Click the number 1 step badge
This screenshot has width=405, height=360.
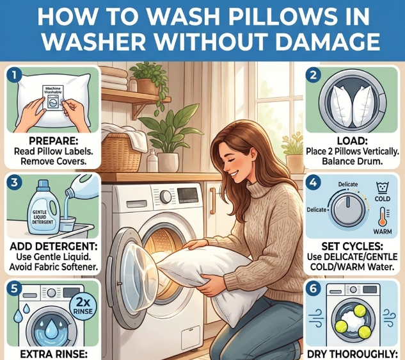pyautogui.click(x=14, y=76)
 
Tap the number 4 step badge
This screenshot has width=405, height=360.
pyautogui.click(x=314, y=183)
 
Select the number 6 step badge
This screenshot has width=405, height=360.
pyautogui.click(x=313, y=288)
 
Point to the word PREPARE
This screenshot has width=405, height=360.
pyautogui.click(x=53, y=141)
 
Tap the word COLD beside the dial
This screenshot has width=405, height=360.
pyautogui.click(x=383, y=199)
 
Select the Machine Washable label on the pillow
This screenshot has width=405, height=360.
pyautogui.click(x=53, y=98)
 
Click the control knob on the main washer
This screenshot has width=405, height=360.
pyautogui.click(x=166, y=197)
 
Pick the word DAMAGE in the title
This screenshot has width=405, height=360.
pyautogui.click(x=328, y=42)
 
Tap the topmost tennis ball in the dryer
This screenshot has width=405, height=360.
pyautogui.click(x=360, y=311)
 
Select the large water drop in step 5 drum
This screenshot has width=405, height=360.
pyautogui.click(x=52, y=328)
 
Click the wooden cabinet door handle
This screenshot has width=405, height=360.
pyautogui.click(x=212, y=201)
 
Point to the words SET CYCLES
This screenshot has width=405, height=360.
pyautogui.click(x=352, y=246)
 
